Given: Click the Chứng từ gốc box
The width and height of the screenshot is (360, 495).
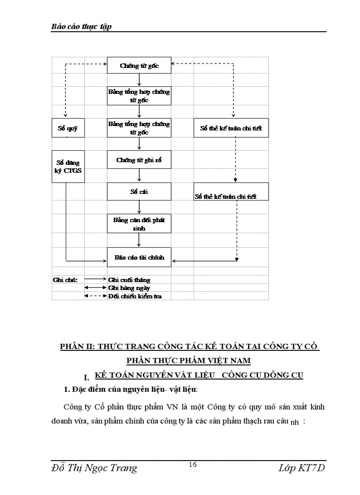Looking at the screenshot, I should click(139, 66).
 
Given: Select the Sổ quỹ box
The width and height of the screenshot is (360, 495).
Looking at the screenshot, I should click(67, 128).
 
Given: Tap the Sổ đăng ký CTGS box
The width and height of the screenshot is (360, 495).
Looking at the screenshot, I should click(67, 167).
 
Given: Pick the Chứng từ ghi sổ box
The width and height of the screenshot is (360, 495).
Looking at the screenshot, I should click(139, 160).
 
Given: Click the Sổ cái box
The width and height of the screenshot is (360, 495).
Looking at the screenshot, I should click(139, 192).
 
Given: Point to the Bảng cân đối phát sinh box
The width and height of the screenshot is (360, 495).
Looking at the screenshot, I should click(139, 223).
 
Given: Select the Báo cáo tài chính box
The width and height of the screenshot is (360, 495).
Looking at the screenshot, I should click(139, 257).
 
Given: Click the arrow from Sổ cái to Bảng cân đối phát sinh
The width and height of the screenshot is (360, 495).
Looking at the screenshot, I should click(139, 207).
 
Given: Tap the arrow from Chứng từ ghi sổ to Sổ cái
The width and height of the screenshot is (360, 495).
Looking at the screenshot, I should click(139, 175).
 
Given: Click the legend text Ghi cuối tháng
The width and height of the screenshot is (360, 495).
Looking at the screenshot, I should click(129, 280).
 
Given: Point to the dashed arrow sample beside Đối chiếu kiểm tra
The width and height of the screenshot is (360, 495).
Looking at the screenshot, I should click(95, 296).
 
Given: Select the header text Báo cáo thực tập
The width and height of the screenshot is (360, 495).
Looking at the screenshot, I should click(81, 26).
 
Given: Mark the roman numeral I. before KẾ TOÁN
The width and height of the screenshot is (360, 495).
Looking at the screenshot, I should click(86, 377).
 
